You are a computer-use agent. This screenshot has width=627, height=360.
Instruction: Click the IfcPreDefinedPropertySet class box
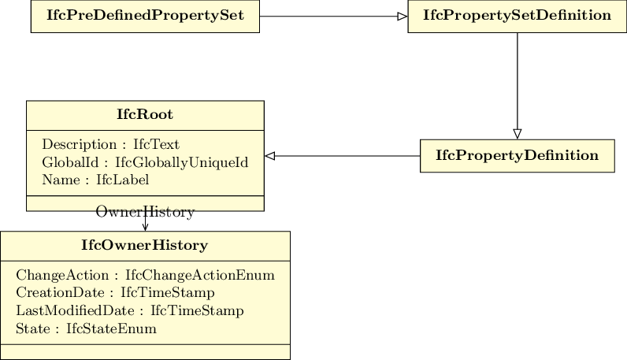[145, 16]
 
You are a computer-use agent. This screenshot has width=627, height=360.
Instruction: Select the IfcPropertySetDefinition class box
[517, 16]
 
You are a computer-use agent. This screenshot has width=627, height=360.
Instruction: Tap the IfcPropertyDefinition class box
[517, 156]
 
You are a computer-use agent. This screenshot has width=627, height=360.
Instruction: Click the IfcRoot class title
[145, 114]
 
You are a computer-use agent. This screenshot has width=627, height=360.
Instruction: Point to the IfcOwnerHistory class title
[145, 245]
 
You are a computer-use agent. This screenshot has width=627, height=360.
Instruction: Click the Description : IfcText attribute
[111, 144]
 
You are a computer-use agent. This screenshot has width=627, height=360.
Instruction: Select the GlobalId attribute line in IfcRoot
[145, 162]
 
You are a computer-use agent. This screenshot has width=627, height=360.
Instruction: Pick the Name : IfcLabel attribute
[95, 180]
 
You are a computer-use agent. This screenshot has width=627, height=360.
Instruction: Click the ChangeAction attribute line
[145, 275]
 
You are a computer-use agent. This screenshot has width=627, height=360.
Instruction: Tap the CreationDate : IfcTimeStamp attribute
[115, 293]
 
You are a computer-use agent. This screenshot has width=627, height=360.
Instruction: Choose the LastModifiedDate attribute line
[130, 311]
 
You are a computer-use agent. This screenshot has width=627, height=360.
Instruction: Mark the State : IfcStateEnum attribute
[86, 328]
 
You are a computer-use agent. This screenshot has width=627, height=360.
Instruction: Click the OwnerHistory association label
[145, 212]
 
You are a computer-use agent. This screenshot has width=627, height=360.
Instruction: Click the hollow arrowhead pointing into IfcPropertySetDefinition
[403, 17]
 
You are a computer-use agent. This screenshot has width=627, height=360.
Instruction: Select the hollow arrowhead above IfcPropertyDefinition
[517, 134]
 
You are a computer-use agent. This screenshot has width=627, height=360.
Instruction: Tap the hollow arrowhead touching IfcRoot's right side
[270, 156]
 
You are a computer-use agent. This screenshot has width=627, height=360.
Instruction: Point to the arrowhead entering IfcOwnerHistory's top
[145, 228]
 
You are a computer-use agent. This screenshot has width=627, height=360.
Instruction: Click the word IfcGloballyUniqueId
[181, 162]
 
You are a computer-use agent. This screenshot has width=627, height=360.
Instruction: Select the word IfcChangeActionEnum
[200, 275]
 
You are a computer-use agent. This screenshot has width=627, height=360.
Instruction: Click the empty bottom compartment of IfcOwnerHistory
[145, 352]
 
